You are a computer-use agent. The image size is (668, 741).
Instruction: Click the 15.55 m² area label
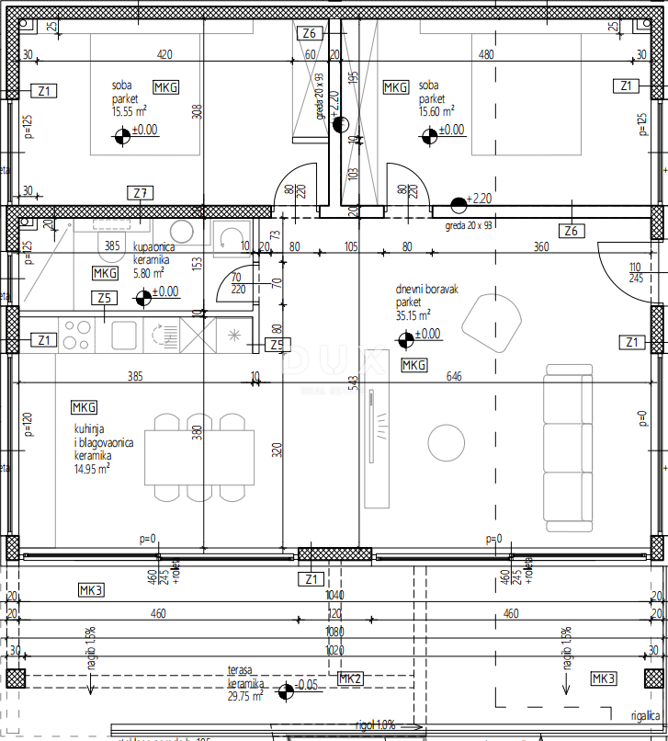pyautogui.click(x=130, y=111)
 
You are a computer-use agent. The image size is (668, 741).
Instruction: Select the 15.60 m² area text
pyautogui.click(x=436, y=111)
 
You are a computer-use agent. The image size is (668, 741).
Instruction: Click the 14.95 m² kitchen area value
pyautogui.click(x=93, y=468)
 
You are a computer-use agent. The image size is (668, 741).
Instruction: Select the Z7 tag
pyautogui.click(x=141, y=193)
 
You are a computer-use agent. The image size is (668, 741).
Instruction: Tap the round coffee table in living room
pyautogui.click(x=445, y=439)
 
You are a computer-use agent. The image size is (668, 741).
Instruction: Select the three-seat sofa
pyautogui.click(x=569, y=448)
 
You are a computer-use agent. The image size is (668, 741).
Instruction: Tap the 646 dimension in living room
pyautogui.click(x=453, y=377)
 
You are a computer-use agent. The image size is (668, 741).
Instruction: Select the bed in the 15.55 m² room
pyautogui.click(x=145, y=95)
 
